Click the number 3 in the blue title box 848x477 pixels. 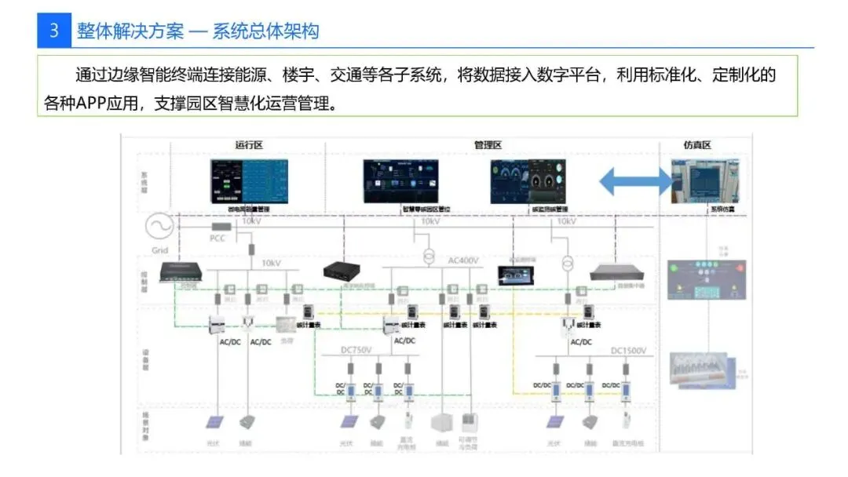pos(54,31)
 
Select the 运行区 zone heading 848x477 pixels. pos(247,145)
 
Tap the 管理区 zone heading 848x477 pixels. pos(487,145)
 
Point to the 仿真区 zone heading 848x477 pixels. pos(696,145)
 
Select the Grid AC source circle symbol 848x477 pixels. pos(159,228)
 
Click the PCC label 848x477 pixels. pos(217,238)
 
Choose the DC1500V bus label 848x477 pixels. pos(628,350)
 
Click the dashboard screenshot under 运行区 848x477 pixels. pos(248,181)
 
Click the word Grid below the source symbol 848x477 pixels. pos(159,251)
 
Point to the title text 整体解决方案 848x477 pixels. pos(130,31)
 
